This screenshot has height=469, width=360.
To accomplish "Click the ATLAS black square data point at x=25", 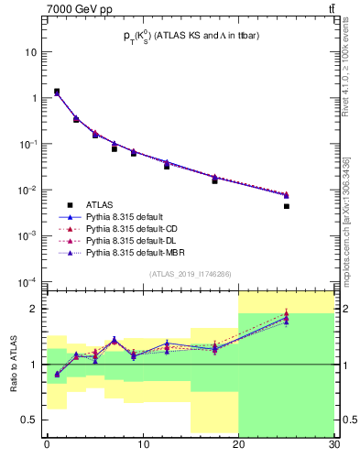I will point(287,206).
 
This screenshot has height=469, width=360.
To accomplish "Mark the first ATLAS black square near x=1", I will point(57,92).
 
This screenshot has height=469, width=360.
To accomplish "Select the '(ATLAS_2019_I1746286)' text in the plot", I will point(191,273).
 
